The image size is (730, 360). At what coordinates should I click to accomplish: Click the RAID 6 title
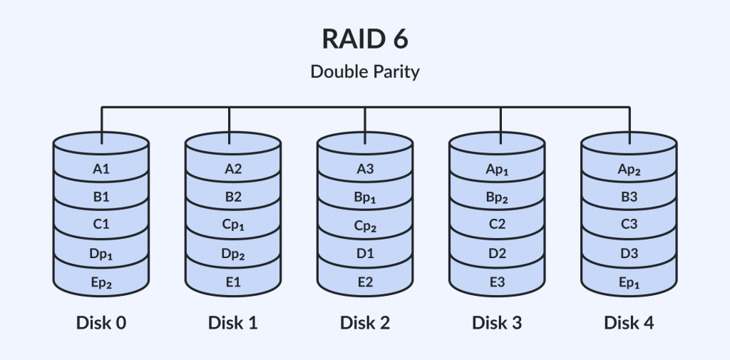[365, 39]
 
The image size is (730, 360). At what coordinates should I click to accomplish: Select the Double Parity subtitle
[365, 72]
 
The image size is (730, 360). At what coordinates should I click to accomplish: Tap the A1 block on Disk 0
[101, 169]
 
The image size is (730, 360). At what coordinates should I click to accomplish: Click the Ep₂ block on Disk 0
[101, 283]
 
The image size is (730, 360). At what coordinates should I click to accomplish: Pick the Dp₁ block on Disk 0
[101, 254]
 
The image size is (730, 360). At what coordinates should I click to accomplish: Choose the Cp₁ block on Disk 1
[233, 226]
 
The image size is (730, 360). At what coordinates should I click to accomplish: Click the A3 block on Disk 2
[365, 169]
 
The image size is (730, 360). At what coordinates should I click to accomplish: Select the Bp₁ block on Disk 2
[365, 197]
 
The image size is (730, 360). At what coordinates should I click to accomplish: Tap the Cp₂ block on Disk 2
[365, 226]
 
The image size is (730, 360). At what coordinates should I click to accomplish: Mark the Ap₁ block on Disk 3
[497, 169]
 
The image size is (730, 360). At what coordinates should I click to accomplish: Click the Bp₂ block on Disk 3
[497, 197]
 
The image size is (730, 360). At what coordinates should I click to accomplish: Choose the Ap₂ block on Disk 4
[629, 169]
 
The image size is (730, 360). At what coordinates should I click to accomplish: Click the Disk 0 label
[101, 322]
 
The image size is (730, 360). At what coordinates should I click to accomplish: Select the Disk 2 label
[365, 322]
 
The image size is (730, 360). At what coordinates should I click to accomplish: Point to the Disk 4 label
[629, 322]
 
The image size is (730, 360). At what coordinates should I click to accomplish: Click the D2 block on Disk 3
[497, 254]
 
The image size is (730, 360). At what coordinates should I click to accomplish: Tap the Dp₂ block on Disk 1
[233, 254]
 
